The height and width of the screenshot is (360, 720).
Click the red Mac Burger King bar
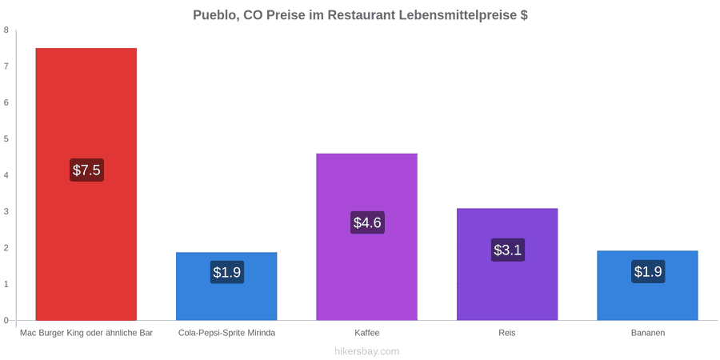tap(86, 184)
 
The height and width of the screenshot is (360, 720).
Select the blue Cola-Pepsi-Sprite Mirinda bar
tap(226, 286)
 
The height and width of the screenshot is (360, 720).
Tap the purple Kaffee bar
tap(367, 237)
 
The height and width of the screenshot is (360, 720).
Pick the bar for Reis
tap(507, 264)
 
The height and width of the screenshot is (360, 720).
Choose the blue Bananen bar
tap(647, 286)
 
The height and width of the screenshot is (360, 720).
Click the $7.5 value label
tap(86, 170)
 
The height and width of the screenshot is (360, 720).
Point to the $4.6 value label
tap(367, 222)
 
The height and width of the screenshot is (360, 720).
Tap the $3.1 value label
tap(507, 250)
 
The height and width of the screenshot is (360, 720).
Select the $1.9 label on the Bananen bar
tap(648, 271)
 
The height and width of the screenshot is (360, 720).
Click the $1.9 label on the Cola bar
tap(227, 272)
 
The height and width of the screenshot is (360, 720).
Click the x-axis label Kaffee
tap(367, 333)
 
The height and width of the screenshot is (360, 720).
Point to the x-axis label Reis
tap(507, 333)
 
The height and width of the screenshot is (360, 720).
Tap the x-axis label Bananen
tap(647, 333)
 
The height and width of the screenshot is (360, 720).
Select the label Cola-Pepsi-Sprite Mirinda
tap(227, 333)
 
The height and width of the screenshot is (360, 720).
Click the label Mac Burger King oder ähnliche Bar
tap(86, 333)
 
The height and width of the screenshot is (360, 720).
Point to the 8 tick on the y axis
tap(6, 30)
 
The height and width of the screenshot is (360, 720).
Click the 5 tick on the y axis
tap(6, 139)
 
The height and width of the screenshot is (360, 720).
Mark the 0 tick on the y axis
tap(6, 321)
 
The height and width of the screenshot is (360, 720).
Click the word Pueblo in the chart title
tap(214, 15)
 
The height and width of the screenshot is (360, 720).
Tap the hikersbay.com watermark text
tap(366, 351)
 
